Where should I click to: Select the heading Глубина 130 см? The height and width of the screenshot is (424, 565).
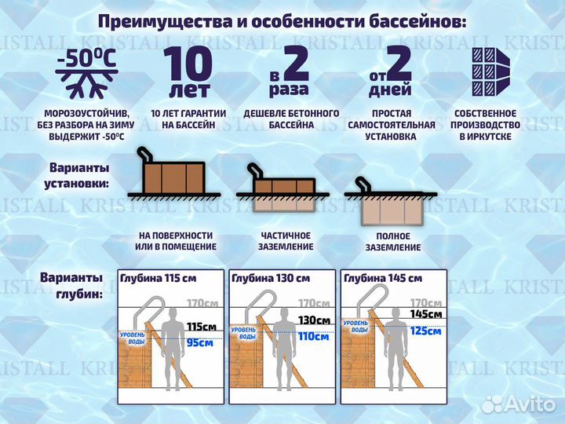(271, 278)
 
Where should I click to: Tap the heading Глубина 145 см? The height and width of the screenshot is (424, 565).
(383, 278)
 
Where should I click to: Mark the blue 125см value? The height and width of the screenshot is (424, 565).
(425, 330)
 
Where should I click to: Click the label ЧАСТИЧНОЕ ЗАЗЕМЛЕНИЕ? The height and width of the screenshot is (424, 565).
(286, 241)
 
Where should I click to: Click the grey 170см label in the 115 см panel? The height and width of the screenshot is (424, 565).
(201, 303)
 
